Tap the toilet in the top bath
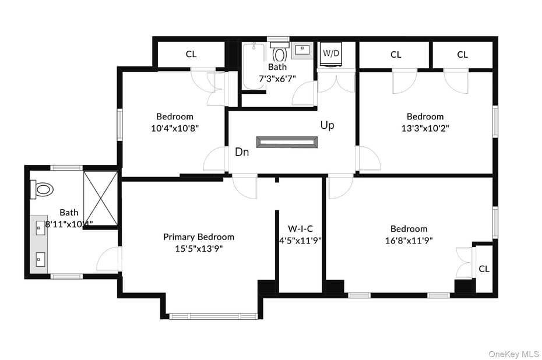click(280, 53)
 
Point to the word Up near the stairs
click(327, 125)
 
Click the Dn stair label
click(242, 152)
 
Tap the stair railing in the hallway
click(287, 142)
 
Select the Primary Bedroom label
click(199, 237)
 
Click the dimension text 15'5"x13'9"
click(198, 248)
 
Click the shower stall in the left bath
click(100, 197)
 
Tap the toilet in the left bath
click(43, 189)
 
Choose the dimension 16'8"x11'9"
click(409, 240)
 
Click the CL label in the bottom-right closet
click(484, 269)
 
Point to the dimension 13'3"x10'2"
click(425, 128)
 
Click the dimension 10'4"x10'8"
click(174, 128)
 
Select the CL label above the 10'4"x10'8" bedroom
click(191, 54)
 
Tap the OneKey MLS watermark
click(513, 354)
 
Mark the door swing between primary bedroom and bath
click(108, 260)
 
